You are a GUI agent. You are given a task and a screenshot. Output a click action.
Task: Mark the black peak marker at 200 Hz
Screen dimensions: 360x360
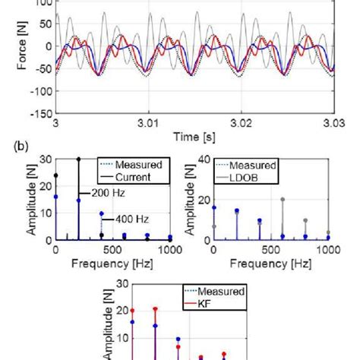78,159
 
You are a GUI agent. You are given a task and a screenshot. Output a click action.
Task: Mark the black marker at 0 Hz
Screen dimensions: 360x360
55,175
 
